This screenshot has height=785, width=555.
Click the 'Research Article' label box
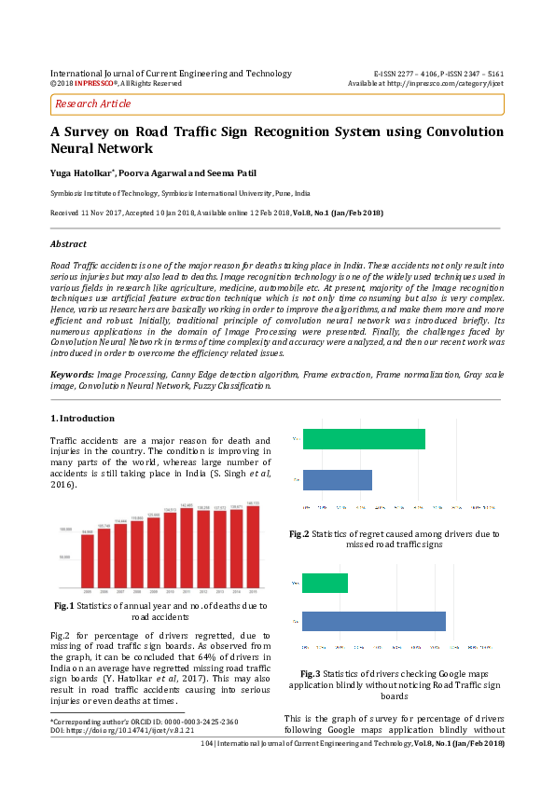click(x=93, y=104)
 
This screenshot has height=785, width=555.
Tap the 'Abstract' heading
click(x=67, y=244)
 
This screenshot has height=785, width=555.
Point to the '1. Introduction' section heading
click(x=82, y=419)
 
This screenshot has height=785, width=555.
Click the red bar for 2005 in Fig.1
click(x=88, y=562)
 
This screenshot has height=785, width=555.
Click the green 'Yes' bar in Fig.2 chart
click(x=364, y=439)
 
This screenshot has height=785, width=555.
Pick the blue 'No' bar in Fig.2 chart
click(x=337, y=480)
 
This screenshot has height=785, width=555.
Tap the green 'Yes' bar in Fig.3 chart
click(x=325, y=583)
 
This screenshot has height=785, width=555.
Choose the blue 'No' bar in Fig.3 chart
click(x=373, y=621)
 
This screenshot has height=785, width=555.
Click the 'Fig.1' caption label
click(x=64, y=607)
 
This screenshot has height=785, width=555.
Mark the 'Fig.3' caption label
click(x=311, y=673)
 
